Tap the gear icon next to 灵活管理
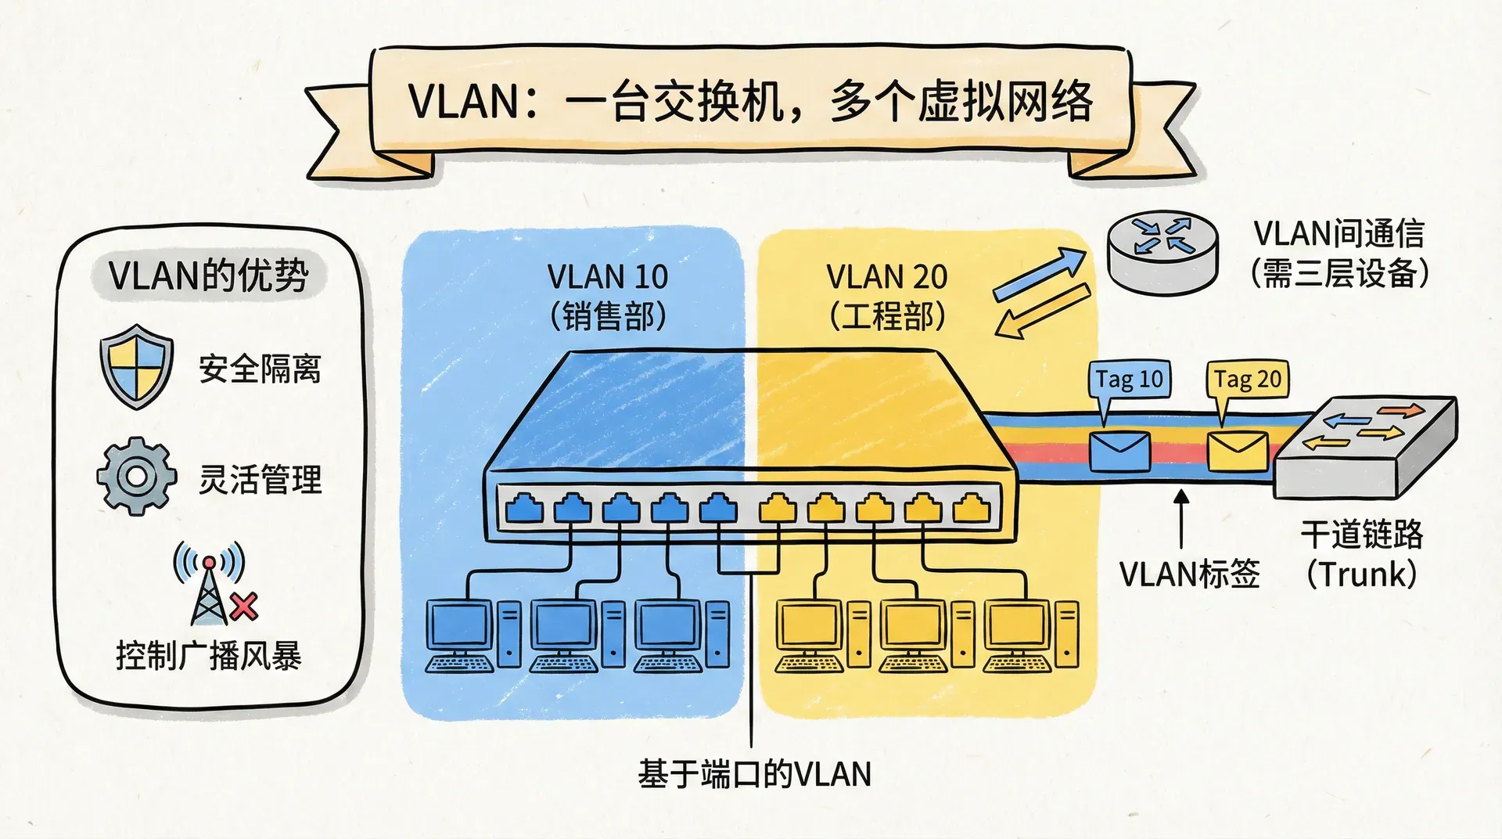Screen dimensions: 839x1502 [x=137, y=476]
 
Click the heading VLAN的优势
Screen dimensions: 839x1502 [x=208, y=275]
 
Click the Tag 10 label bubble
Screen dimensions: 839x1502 [x=1130, y=380]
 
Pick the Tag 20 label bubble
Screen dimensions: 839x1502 [x=1248, y=380]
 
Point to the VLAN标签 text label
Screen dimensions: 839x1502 [x=1189, y=574]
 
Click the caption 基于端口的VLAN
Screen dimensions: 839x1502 [x=754, y=774]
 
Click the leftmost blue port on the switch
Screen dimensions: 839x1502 [x=524, y=509]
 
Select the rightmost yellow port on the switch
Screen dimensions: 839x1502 [x=971, y=509]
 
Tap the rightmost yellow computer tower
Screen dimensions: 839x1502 [x=1066, y=634]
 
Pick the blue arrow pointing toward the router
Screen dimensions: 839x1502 [x=1040, y=274]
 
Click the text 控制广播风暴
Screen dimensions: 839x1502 [x=208, y=656]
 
